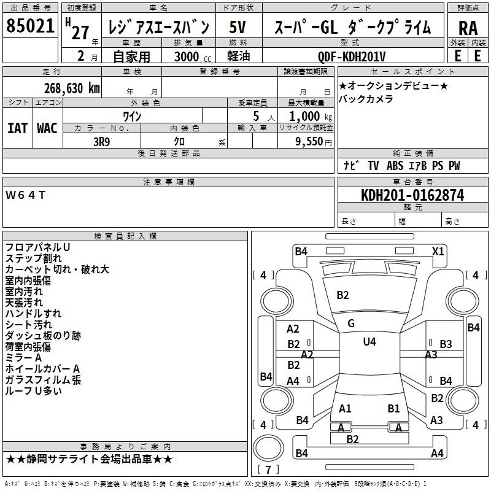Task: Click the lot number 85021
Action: pos(30,26)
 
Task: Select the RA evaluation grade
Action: pos(468,28)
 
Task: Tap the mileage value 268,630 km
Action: pos(72,88)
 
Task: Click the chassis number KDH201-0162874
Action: pos(412,195)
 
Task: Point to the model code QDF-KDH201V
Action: pos(351,56)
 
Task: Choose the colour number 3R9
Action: pos(102,142)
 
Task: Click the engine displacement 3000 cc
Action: pos(193,56)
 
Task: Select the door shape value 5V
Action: pos(238,27)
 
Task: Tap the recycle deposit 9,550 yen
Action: pos(314,142)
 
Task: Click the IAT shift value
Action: pos(18,128)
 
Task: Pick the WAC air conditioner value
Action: pos(47,128)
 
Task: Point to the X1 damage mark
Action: pos(438,252)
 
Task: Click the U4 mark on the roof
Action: pos(369,341)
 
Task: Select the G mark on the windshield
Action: pos(351,323)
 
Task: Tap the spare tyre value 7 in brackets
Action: pos(268,470)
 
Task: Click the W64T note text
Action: pos(26,195)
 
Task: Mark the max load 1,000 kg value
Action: pos(311,117)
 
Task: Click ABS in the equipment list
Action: pos(395,166)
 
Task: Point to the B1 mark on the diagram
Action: pos(393,409)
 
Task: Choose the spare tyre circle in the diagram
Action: pos(268,448)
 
